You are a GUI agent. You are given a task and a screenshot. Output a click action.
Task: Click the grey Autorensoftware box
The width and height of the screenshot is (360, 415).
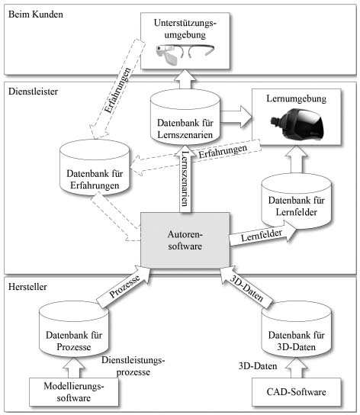point(185,240)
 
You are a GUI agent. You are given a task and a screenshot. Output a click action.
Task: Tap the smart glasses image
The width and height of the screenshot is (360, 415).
point(185,53)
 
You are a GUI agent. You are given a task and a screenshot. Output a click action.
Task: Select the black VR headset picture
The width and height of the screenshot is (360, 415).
point(297,124)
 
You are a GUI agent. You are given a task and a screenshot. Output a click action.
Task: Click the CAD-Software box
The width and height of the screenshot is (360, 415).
point(296,391)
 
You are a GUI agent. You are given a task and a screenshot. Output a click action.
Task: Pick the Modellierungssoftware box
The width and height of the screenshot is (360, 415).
point(74,391)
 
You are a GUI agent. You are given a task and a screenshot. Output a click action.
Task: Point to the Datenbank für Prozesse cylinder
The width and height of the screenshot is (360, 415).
point(74,330)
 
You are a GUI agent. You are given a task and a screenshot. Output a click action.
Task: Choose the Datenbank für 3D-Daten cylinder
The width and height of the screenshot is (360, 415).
point(296,330)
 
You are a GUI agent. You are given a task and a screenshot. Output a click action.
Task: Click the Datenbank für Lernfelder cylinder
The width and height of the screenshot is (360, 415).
point(296,201)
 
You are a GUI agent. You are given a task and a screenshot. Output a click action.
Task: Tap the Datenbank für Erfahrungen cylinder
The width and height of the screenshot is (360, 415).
point(95,168)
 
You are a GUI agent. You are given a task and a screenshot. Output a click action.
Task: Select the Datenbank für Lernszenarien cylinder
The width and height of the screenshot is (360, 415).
point(185,117)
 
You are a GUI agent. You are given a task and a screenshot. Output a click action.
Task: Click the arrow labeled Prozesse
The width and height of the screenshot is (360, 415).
point(123,287)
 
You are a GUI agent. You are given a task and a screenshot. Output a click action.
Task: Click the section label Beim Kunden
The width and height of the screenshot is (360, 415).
point(36,14)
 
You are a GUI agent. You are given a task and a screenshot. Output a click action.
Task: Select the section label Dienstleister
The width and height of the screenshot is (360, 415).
point(33,92)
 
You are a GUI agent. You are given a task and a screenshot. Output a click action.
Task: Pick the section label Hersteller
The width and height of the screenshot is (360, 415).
point(27,287)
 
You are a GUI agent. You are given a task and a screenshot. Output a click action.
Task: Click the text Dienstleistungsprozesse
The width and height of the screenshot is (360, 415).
point(133,366)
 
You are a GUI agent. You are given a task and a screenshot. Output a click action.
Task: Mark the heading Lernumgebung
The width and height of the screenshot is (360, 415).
point(296,98)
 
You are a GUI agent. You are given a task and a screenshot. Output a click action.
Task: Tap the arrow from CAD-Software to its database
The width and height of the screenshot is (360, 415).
point(296,368)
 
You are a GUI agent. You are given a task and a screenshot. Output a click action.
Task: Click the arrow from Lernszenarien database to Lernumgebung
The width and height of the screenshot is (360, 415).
point(236,117)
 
